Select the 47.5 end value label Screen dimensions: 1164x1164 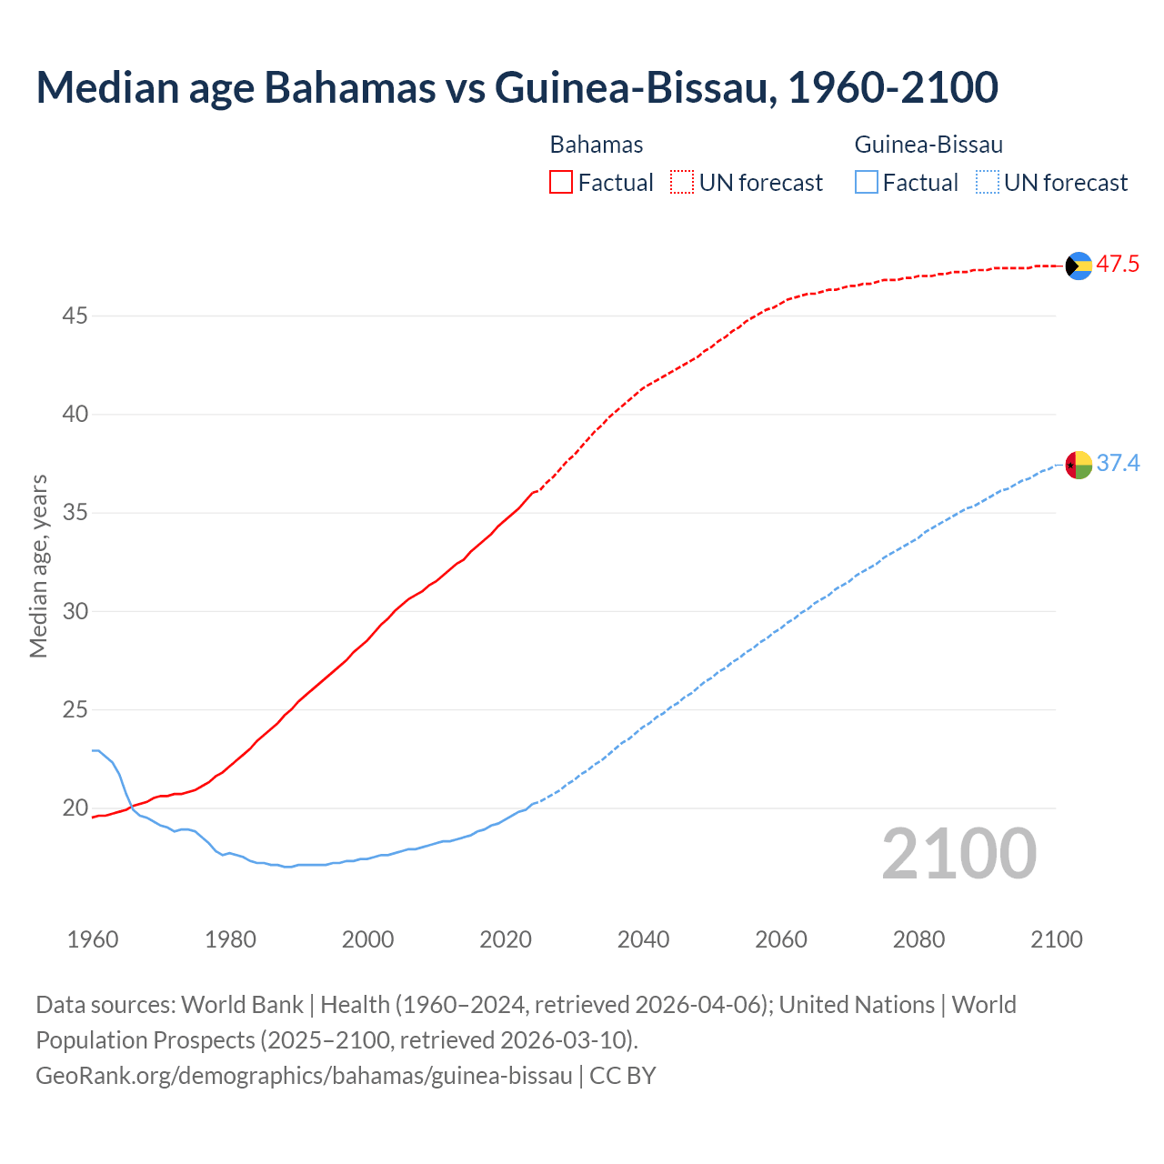pos(1118,265)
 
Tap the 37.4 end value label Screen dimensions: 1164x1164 pos(1118,464)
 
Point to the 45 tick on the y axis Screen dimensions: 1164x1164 pos(75,316)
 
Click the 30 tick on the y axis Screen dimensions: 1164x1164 pos(75,611)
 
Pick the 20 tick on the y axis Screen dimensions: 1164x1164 pos(75,808)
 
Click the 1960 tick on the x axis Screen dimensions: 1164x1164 pos(93,939)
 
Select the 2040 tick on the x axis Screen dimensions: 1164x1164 pos(643,939)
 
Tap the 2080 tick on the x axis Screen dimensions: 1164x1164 pos(918,939)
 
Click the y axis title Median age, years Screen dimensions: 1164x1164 pos(38,566)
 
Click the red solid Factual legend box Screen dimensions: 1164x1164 pos(561,183)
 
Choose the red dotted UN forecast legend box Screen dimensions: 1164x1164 pos(682,183)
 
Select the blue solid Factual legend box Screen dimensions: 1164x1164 pos(867,183)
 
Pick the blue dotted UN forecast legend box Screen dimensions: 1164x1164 pos(987,183)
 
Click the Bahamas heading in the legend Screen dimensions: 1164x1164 pos(597,145)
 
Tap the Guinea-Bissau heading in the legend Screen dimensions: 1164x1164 pos(928,145)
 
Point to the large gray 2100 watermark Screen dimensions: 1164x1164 pos(958,854)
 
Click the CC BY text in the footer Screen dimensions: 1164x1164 pos(623,1076)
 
